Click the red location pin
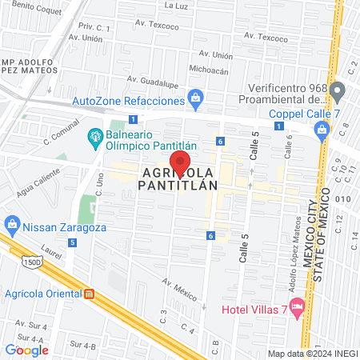[181, 162]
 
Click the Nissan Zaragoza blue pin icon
[11, 223]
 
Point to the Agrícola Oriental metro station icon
[90, 293]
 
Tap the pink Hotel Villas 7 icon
[298, 306]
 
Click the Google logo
[26, 350]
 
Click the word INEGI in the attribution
[341, 354]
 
